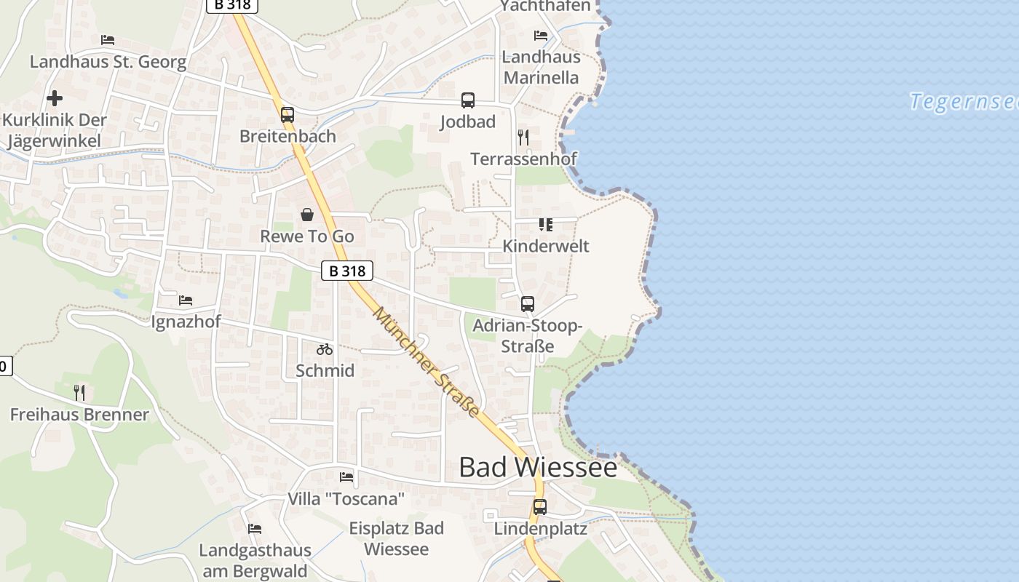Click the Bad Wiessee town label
point(538,467)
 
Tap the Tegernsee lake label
point(964,102)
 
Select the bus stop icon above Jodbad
point(467,100)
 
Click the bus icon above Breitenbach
point(288,114)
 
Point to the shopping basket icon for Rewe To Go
point(307,215)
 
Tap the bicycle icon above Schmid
point(325,349)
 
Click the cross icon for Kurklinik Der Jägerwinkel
point(55,97)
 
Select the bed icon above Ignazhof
point(186,300)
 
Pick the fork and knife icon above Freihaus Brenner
point(79,393)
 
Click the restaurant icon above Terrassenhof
point(523,137)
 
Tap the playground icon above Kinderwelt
point(546,224)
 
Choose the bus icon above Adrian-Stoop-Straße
point(528,304)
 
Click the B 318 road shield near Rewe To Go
point(347,271)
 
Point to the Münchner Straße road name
point(427,362)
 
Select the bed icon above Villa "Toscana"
point(346,477)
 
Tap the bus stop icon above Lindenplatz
point(539,507)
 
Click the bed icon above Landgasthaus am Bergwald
point(255,528)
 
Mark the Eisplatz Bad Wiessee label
point(396,538)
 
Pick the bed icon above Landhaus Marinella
point(541,35)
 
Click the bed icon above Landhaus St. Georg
point(108,39)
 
